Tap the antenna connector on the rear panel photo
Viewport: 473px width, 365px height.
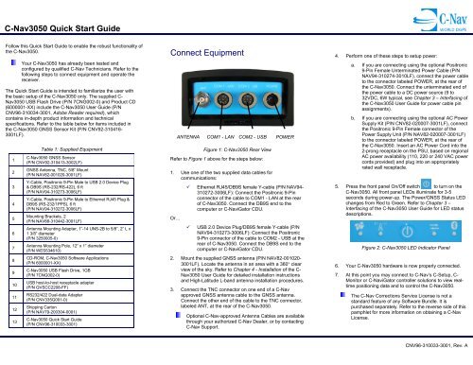pos(190,101)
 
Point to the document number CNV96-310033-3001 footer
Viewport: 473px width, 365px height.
pos(421,356)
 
